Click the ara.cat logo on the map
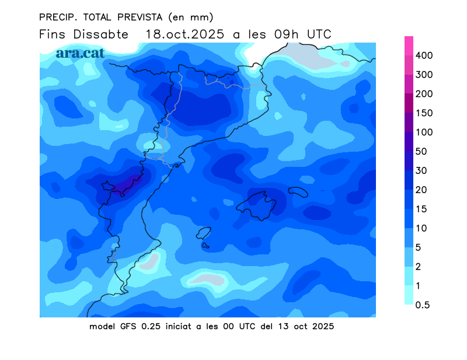pyautogui.click(x=80, y=53)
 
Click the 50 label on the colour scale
pyautogui.click(x=421, y=152)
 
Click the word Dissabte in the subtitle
pyautogui.click(x=101, y=34)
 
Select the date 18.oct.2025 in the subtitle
pyautogui.click(x=184, y=34)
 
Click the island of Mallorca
pyautogui.click(x=259, y=205)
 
